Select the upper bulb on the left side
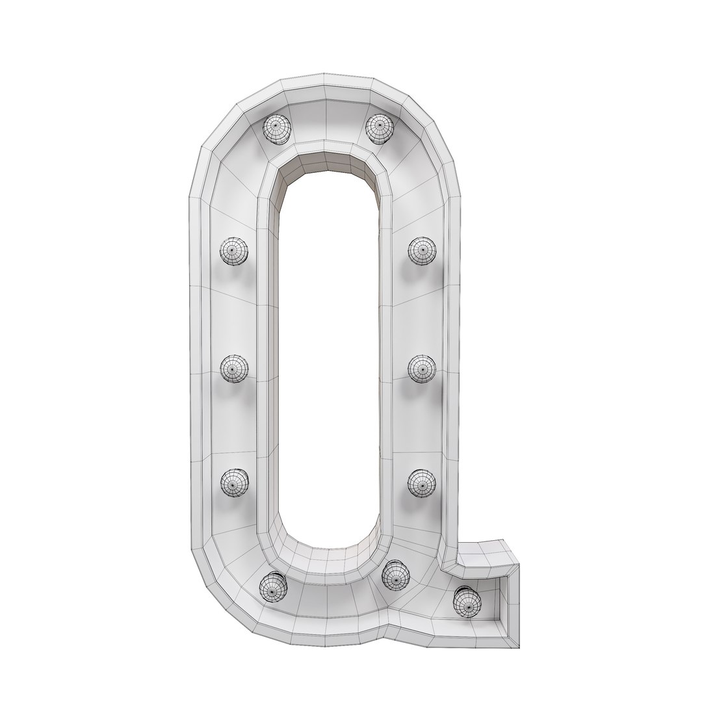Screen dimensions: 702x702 point(233,250)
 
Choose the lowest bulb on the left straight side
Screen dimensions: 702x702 point(233,482)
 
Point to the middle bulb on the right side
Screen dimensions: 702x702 point(421,369)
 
